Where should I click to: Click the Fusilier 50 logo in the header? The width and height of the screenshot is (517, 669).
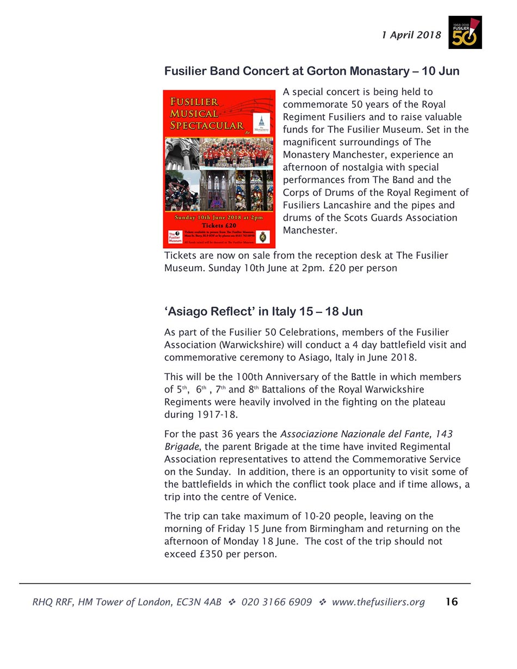point(465,33)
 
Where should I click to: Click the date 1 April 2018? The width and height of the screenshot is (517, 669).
point(411,35)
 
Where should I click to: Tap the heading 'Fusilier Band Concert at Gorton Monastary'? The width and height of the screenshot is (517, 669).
point(311,71)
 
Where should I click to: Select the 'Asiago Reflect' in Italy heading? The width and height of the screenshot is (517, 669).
point(263,311)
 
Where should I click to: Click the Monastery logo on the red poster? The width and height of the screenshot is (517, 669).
point(262,124)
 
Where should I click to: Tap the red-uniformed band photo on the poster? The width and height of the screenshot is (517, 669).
point(235,152)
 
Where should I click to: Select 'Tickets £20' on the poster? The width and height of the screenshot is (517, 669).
point(219,225)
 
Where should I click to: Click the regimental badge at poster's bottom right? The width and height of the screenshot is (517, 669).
point(263,237)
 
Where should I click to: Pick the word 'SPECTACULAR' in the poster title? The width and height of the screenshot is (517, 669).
point(207,125)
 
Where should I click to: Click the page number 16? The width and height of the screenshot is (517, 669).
point(452,602)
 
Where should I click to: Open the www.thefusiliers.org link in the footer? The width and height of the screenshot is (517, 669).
point(378,602)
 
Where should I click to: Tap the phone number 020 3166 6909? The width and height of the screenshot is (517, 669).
point(276,602)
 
